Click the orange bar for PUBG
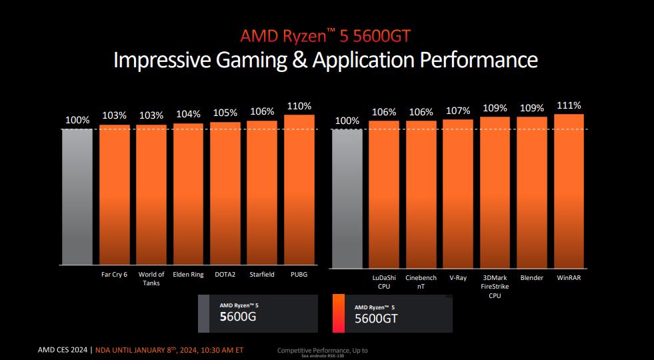pyautogui.click(x=299, y=190)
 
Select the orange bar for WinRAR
pyautogui.click(x=569, y=191)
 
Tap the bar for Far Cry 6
pyautogui.click(x=115, y=195)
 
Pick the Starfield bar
pyautogui.click(x=262, y=193)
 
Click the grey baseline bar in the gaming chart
pyautogui.click(x=77, y=197)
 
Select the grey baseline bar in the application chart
pyautogui.click(x=347, y=199)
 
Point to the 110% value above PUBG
pyautogui.click(x=299, y=106)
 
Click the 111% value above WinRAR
pyautogui.click(x=569, y=105)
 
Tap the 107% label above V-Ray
pyautogui.click(x=458, y=111)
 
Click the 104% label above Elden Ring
pyautogui.click(x=188, y=114)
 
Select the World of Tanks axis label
pyautogui.click(x=151, y=279)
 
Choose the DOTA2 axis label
pyautogui.click(x=225, y=275)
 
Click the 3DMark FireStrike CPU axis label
pyautogui.click(x=495, y=286)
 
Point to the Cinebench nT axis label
pyautogui.click(x=421, y=282)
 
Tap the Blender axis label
pyautogui.click(x=532, y=278)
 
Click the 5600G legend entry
pyautogui.click(x=258, y=312)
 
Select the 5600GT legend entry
pyautogui.click(x=392, y=313)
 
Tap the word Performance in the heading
pyautogui.click(x=478, y=60)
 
